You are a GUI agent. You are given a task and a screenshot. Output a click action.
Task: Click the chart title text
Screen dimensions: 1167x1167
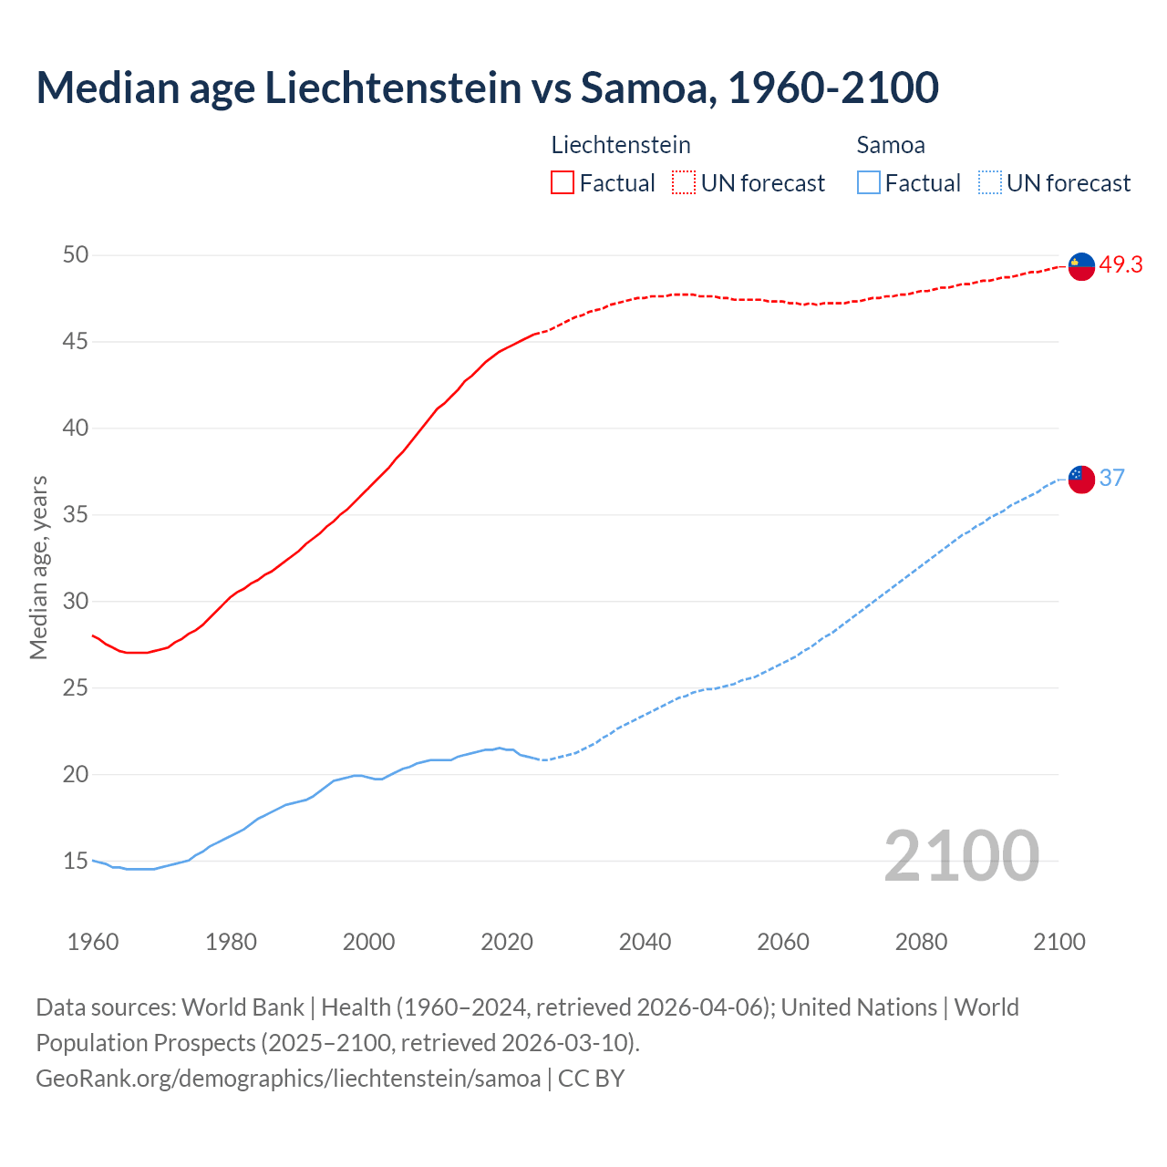[x=487, y=88]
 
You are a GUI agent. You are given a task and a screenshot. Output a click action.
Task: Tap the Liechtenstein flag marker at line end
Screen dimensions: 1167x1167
[x=1081, y=266]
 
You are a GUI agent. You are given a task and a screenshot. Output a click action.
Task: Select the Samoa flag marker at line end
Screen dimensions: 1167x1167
[x=1081, y=479]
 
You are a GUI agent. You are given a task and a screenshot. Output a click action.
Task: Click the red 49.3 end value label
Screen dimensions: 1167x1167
[x=1121, y=265]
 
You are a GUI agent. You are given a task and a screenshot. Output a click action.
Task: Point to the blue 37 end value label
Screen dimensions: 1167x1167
[x=1112, y=479]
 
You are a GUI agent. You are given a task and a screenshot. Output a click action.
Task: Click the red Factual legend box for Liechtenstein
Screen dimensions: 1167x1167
[x=563, y=183]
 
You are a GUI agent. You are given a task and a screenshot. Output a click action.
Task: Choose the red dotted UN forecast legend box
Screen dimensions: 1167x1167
[x=684, y=183]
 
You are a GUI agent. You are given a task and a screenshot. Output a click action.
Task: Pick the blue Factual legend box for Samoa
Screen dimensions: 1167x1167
[x=869, y=183]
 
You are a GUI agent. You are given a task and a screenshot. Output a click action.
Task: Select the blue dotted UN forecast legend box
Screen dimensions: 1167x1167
[x=989, y=183]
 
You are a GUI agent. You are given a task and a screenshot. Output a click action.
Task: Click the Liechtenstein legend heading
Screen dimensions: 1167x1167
[x=621, y=145]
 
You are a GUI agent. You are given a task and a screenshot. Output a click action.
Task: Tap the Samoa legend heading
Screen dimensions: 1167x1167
[x=891, y=145]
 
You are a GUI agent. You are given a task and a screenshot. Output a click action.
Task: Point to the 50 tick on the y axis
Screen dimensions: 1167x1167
[x=76, y=255]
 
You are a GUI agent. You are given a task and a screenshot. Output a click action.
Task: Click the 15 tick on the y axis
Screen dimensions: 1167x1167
[x=76, y=861]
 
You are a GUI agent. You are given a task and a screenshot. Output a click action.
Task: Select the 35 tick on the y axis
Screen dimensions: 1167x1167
[x=76, y=515]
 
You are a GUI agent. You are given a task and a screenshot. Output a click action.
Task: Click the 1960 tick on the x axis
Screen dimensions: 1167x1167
[x=93, y=942]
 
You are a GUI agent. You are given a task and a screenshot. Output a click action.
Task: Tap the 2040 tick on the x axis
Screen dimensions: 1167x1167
[x=645, y=942]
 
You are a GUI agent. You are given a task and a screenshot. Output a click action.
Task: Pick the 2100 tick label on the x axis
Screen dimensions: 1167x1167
[x=1059, y=942]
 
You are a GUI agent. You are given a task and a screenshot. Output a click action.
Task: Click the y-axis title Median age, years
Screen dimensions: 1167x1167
[x=38, y=567]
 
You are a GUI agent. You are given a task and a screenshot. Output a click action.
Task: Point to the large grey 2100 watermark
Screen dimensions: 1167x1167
[x=961, y=855]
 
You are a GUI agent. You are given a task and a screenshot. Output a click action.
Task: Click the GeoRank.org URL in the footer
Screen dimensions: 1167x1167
[x=288, y=1079]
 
